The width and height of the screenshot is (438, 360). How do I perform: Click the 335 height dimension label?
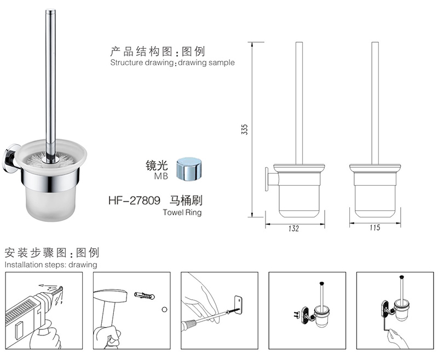pyautogui.click(x=244, y=129)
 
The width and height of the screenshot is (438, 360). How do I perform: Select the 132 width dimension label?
pyautogui.click(x=293, y=228)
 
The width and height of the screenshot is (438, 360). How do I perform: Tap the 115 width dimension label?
pyautogui.click(x=374, y=227)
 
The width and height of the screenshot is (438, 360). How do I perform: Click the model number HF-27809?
pyautogui.click(x=134, y=201)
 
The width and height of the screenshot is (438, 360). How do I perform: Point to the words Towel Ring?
pyautogui.click(x=182, y=213)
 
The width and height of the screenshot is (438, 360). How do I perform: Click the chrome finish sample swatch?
pyautogui.click(x=189, y=169)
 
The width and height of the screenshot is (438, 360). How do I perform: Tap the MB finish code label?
pyautogui.click(x=161, y=176)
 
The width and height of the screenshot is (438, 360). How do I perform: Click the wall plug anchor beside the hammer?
pyautogui.click(x=144, y=295)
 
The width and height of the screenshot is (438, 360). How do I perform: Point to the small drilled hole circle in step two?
pyautogui.click(x=165, y=310)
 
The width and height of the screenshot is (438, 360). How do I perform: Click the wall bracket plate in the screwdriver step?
pyautogui.click(x=238, y=305)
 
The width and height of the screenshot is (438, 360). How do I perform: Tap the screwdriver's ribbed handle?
pyautogui.click(x=189, y=325)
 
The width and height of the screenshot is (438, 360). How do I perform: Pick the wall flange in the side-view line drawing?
pyautogui.click(x=267, y=179)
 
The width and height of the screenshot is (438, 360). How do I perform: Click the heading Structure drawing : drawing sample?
pyautogui.click(x=172, y=62)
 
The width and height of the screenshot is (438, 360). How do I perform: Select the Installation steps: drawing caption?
pyautogui.click(x=51, y=265)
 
